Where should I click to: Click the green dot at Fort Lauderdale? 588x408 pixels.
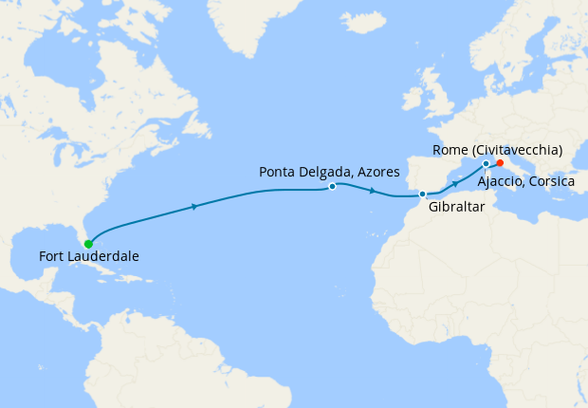click(x=88, y=244)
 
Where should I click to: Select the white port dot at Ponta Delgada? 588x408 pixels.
click(x=332, y=187)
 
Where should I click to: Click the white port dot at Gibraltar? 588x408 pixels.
click(x=422, y=195)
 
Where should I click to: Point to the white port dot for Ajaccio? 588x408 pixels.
click(x=486, y=164)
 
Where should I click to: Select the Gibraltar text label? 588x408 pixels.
click(x=457, y=206)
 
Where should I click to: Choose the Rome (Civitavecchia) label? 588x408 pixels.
click(x=497, y=150)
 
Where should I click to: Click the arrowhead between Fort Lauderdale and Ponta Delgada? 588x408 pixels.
click(x=194, y=206)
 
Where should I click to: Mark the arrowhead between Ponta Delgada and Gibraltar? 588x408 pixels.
click(x=373, y=192)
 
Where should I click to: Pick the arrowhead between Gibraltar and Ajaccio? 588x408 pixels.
click(x=455, y=183)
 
